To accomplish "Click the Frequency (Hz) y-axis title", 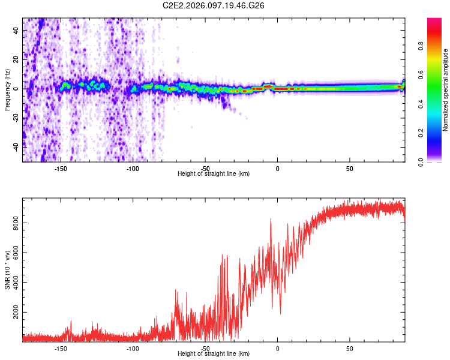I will point(7,90).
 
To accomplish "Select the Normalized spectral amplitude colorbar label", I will point(446,90).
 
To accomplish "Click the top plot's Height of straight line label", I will point(214,174).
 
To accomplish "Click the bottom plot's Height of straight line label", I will point(214,354).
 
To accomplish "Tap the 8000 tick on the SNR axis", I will point(16,223).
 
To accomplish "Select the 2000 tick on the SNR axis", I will point(16,313).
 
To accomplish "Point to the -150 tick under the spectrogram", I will point(60,169).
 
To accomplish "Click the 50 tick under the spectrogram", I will point(350,169).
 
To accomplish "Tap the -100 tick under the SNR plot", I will point(133,349).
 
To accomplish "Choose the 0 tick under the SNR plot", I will point(277,349).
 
